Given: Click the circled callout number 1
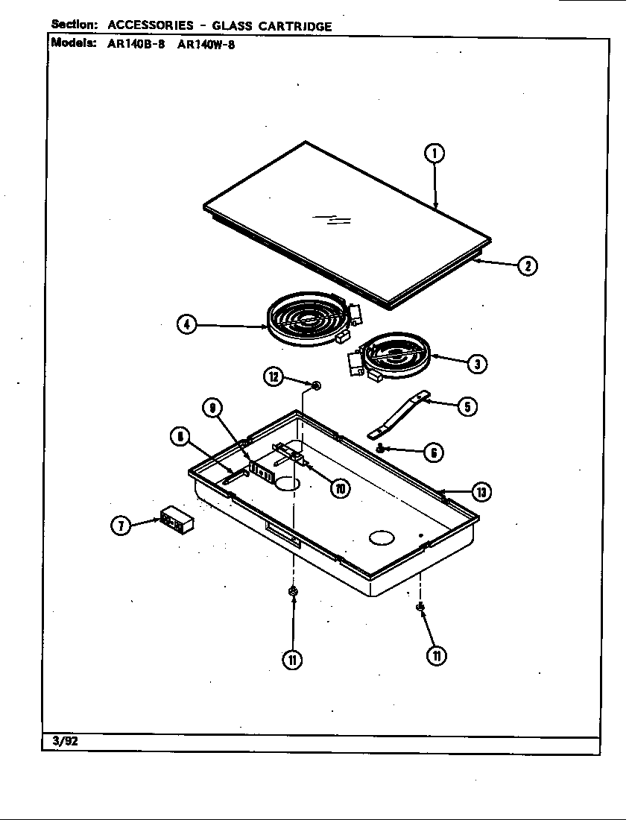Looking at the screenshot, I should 434,154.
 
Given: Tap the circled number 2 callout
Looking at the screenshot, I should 527,265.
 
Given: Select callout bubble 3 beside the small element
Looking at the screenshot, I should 476,363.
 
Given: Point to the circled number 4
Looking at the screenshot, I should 187,325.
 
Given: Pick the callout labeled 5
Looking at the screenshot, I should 467,407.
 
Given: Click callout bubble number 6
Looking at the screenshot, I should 434,452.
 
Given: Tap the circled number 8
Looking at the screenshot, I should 180,438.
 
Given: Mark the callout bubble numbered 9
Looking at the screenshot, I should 212,408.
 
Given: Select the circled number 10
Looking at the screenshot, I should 341,488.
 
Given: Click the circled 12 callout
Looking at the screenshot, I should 274,376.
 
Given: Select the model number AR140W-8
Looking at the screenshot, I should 206,43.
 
